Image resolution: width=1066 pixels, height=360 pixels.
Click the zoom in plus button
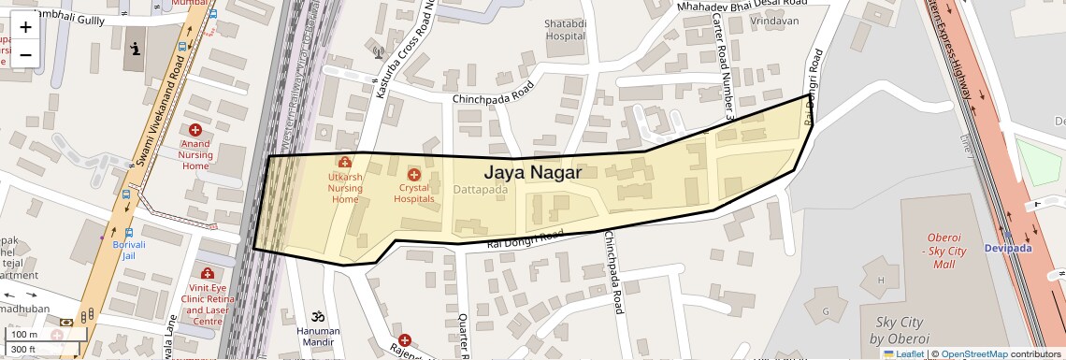(25, 28)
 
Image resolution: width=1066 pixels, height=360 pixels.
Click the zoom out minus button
(25, 55)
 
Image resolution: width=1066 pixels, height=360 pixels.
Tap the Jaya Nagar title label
(532, 173)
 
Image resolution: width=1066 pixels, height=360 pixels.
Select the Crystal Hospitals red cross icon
(414, 174)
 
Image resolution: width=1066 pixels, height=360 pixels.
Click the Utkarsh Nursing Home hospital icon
(344, 163)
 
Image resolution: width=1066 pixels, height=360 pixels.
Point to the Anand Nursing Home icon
(195, 130)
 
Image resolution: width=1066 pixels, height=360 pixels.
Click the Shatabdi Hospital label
(565, 30)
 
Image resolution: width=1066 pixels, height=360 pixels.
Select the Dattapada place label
(480, 190)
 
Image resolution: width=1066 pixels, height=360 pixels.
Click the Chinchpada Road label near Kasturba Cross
(492, 92)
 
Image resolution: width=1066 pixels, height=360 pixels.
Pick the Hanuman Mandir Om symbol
(318, 316)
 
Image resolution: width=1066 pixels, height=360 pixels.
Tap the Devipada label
(1007, 248)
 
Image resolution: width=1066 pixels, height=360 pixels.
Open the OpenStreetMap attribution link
(973, 353)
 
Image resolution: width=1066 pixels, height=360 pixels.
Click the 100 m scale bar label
(25, 334)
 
